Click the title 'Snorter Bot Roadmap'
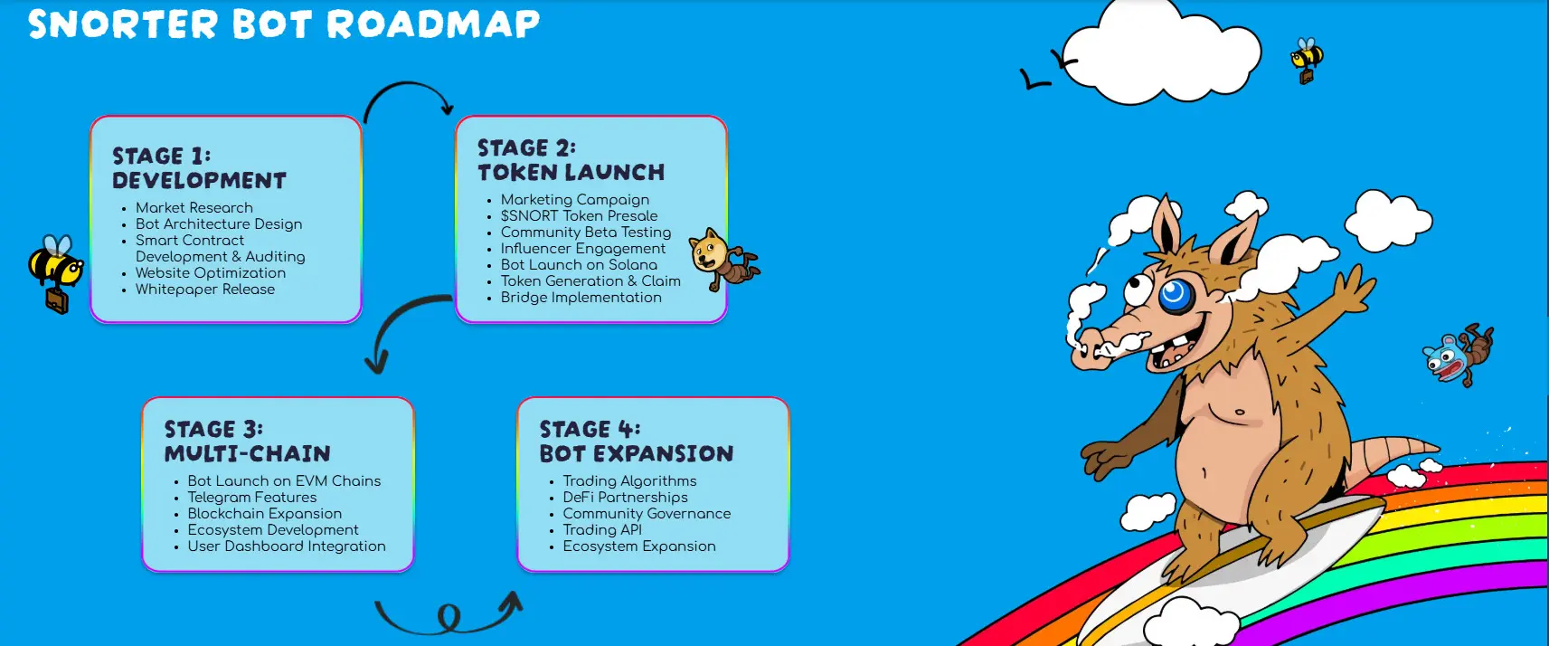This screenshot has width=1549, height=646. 284,24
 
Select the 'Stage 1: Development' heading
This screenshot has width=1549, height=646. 199,168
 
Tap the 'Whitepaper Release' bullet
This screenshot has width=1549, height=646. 204,290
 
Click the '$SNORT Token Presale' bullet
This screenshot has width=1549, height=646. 579,216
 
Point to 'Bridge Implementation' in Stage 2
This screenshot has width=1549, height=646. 581,298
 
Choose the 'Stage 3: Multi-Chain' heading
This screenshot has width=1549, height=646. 247,442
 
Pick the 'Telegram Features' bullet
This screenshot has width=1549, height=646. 251,498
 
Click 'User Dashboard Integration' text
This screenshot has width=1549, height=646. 287,546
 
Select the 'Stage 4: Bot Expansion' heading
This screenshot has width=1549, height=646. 637,442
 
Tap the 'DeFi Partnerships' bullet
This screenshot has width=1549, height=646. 625,498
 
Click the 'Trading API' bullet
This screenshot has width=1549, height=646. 601,530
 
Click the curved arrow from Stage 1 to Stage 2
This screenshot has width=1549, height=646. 408,85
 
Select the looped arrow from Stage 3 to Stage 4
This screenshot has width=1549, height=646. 449,618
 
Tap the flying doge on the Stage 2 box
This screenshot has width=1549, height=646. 723,260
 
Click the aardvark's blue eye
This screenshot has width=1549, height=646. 1174,295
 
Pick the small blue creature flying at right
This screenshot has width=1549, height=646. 1457,356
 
